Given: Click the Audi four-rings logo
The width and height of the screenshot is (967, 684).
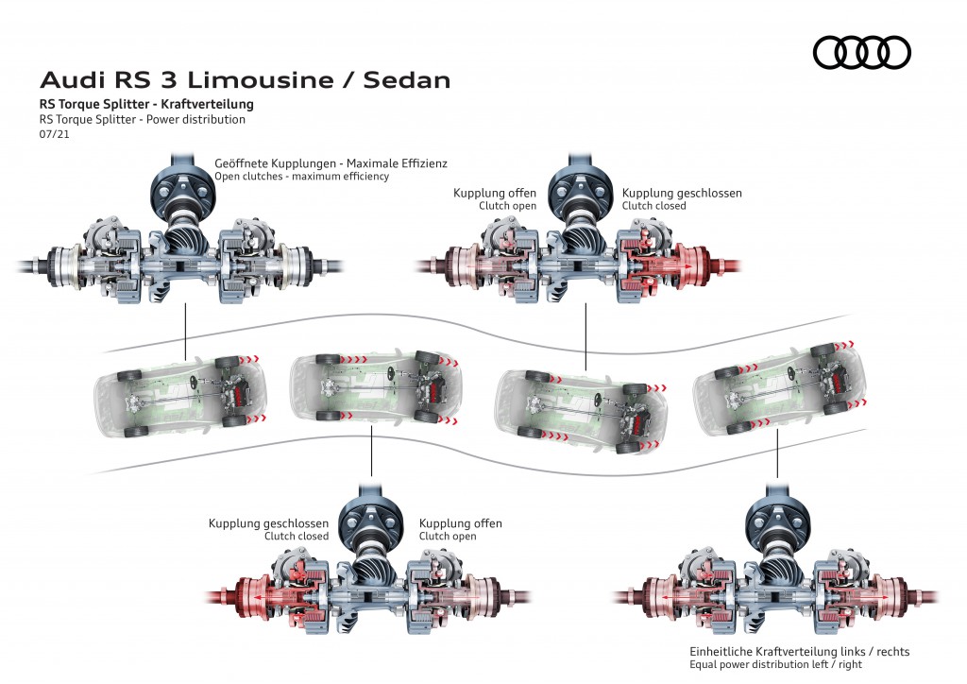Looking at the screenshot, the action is pos(861,52).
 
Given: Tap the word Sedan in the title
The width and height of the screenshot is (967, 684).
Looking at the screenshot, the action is pos(407,80).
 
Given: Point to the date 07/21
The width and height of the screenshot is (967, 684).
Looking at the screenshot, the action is pos(54,134).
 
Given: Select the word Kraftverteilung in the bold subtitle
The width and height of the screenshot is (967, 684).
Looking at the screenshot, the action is pos(207,104).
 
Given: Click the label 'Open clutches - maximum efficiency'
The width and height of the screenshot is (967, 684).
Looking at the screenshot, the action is pos(301,177).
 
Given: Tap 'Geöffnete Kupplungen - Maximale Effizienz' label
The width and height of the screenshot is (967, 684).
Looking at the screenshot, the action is pos(331,163).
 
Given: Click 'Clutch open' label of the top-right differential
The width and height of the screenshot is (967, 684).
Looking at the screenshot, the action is pos(507,206).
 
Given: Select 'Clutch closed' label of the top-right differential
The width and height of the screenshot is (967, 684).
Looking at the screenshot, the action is pos(653,206).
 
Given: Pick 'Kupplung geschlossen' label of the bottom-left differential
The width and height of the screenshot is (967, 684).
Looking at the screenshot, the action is pos(268,523).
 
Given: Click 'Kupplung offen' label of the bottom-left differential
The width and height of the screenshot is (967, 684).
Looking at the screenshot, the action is pos(460,523).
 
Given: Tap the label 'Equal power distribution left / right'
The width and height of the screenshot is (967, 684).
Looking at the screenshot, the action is pos(775,665).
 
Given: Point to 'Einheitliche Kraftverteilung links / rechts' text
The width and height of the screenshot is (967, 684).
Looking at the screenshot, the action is pos(799,652).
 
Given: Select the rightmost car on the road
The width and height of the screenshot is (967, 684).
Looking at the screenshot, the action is pos(779,385).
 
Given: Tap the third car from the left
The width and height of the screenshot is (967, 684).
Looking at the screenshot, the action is pos(581,409).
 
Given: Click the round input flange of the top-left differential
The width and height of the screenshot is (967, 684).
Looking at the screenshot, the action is pos(182,190).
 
